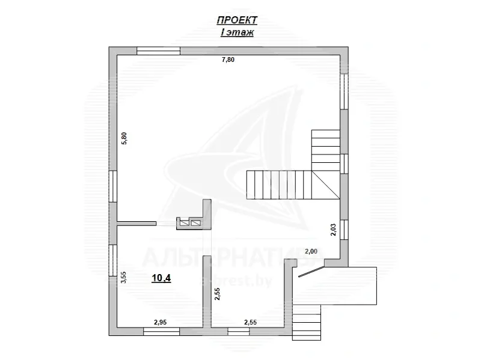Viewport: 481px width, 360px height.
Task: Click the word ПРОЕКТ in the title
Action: click(236, 20)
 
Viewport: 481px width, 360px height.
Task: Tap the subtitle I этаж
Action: click(236, 32)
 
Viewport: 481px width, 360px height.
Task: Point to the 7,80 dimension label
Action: click(228, 59)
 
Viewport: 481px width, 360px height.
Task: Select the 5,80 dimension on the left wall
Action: click(124, 138)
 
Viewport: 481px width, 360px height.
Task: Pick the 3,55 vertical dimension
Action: click(124, 277)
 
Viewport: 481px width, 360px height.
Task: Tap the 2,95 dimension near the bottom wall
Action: click(160, 323)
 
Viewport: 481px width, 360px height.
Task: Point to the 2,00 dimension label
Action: click(311, 251)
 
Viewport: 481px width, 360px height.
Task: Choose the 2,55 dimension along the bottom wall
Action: click(251, 323)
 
